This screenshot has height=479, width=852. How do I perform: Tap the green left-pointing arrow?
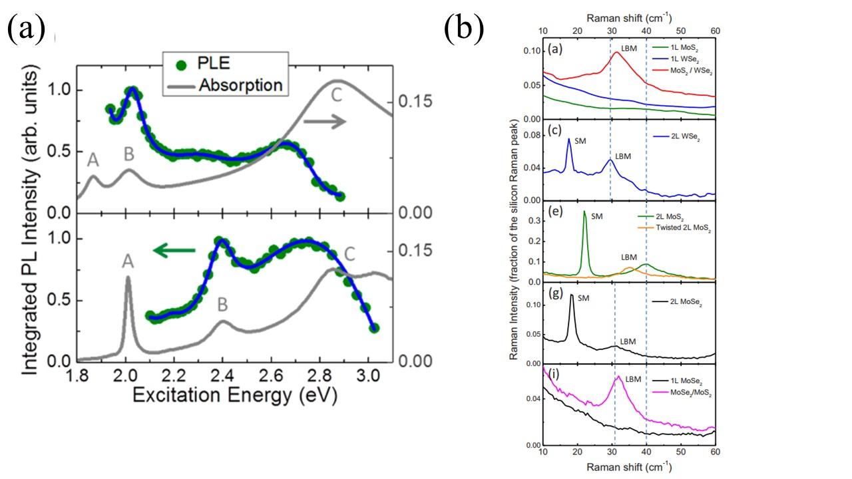point(174,250)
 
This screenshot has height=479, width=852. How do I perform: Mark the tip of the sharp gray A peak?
point(127,278)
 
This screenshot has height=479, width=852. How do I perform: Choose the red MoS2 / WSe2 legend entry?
point(684,71)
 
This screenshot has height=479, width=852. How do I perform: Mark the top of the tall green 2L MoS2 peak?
point(584,212)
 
